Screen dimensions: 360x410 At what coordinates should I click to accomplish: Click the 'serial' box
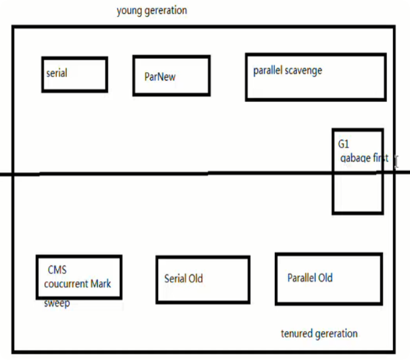[x=74, y=75]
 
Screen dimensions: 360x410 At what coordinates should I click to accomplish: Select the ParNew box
[x=171, y=76]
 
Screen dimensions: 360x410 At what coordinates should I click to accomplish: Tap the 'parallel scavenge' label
[x=288, y=70]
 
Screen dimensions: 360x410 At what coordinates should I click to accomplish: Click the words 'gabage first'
[x=364, y=159]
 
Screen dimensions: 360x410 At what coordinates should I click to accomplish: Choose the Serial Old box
[x=203, y=279]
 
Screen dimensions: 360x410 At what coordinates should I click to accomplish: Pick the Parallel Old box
[x=329, y=279]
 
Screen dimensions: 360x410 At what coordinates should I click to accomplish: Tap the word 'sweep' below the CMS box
[x=57, y=304]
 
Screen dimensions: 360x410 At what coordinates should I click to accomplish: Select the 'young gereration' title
[x=152, y=11]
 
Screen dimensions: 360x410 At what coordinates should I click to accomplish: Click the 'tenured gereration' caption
[x=319, y=334]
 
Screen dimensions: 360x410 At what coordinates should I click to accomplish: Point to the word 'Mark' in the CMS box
[x=101, y=284]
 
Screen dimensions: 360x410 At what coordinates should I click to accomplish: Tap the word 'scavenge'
[x=303, y=70]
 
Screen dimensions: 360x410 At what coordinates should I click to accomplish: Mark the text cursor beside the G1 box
[x=395, y=162]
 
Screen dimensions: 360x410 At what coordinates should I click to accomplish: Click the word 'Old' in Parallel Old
[x=325, y=278]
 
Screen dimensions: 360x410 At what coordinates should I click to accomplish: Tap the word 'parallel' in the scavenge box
[x=267, y=70]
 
